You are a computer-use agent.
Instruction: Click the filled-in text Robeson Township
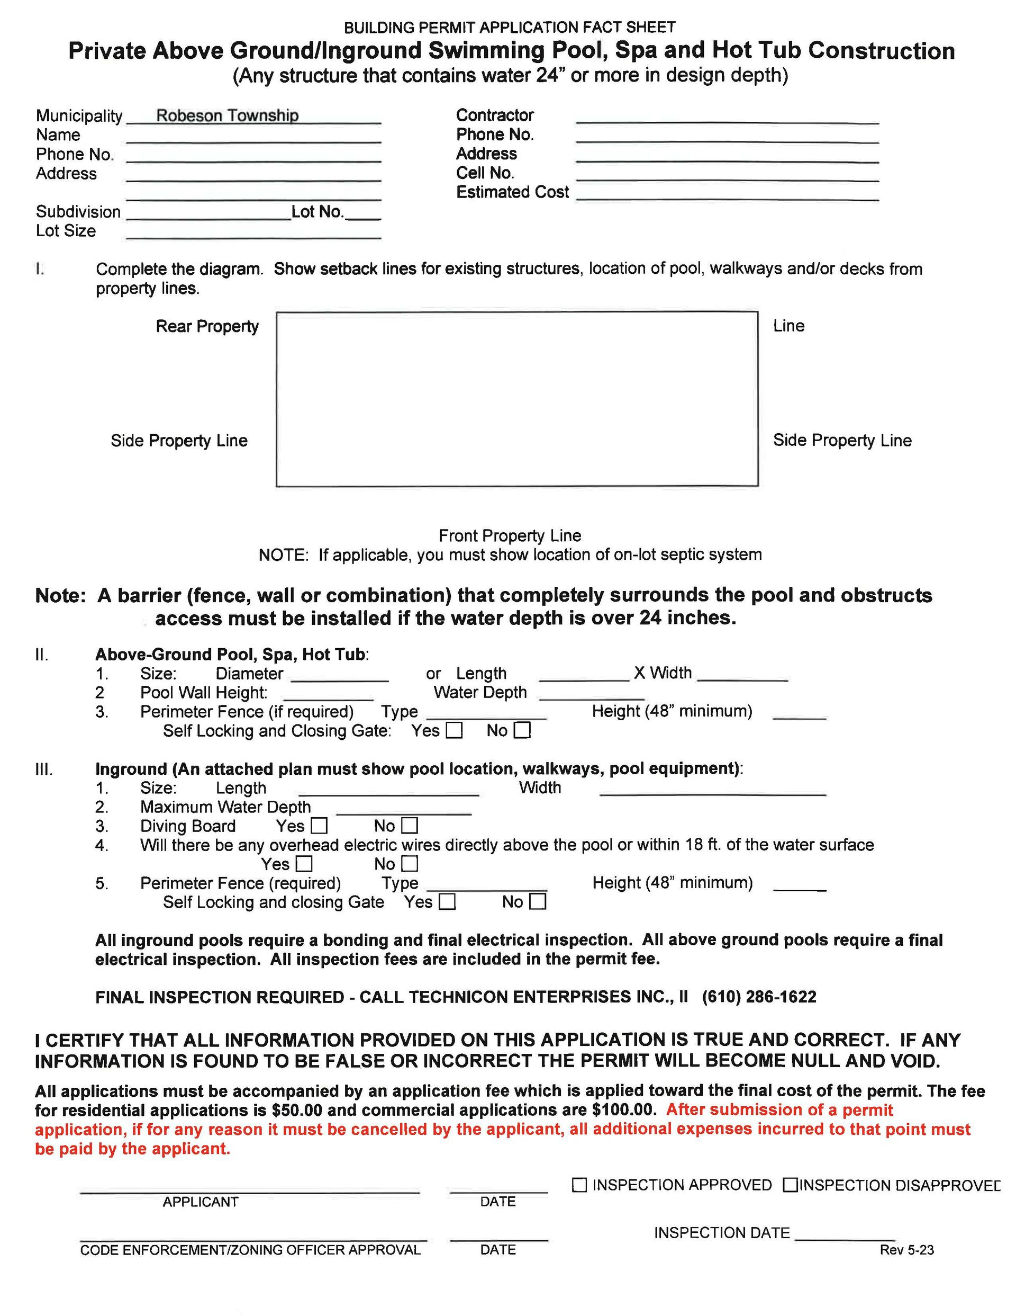(x=227, y=115)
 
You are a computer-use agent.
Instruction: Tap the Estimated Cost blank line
(x=727, y=195)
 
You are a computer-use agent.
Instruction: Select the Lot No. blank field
(x=363, y=214)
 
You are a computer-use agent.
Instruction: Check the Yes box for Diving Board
(x=319, y=826)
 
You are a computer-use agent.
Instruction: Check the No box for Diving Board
(x=410, y=826)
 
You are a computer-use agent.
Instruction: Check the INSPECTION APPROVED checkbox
(x=579, y=1185)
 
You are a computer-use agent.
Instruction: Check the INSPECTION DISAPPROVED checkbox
(x=790, y=1185)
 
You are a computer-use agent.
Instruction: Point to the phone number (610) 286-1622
(x=759, y=997)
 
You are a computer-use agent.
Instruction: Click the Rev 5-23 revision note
(x=906, y=1250)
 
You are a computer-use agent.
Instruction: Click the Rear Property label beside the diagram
(x=207, y=326)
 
